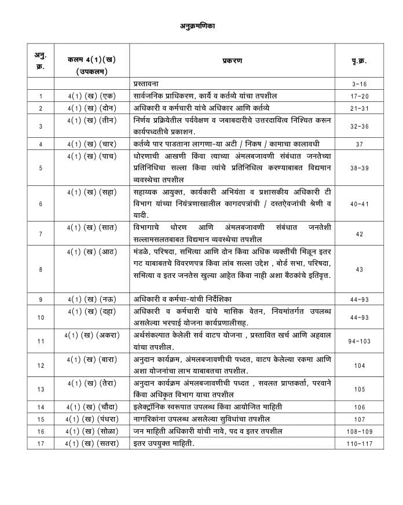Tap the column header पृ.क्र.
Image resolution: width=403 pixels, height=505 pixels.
pyautogui.click(x=359, y=61)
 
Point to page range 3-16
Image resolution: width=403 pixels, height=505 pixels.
pyautogui.click(x=359, y=84)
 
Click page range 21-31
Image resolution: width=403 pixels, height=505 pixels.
pyautogui.click(x=359, y=108)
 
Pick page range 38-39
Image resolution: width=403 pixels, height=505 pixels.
pyautogui.click(x=359, y=168)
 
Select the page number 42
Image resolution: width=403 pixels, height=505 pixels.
pyautogui.click(x=359, y=233)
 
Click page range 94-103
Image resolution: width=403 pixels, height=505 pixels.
pyautogui.click(x=359, y=341)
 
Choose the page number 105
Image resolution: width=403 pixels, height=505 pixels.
pyautogui.click(x=359, y=389)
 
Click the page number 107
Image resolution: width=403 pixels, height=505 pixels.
pyautogui.click(x=359, y=419)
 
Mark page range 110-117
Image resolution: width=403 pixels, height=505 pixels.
pyautogui.click(x=359, y=444)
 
